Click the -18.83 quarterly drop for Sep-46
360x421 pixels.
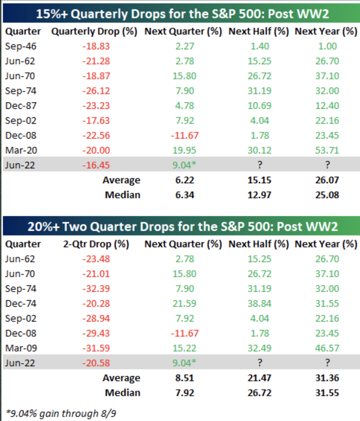coord(96,46)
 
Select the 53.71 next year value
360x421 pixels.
coord(327,150)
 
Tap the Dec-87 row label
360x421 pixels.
coord(21,106)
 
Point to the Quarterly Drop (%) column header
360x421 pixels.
coord(94,32)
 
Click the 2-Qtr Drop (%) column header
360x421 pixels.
coord(96,244)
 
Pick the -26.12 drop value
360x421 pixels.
coord(96,91)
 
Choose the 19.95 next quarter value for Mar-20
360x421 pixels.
coord(185,150)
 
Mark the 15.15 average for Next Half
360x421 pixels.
coord(259,180)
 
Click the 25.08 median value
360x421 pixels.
coord(327,195)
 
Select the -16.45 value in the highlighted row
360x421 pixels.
coord(96,165)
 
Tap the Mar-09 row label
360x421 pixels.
coord(21,348)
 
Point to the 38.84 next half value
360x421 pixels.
coord(259,303)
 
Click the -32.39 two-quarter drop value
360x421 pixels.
coord(96,289)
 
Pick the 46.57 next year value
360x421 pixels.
coord(327,348)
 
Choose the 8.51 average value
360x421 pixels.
coord(185,378)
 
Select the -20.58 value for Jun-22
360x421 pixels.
coord(96,363)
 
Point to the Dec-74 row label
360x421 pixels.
coord(21,303)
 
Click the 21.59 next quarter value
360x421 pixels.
coord(185,303)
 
